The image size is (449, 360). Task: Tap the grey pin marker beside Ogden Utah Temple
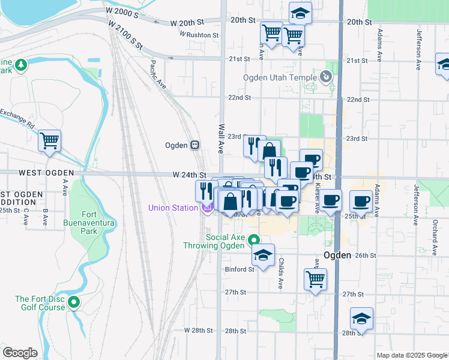(325, 77)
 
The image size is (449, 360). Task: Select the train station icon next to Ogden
(194, 145)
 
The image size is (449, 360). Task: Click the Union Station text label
(173, 208)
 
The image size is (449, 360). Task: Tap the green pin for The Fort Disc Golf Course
(74, 302)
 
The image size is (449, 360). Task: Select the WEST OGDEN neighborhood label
(46, 173)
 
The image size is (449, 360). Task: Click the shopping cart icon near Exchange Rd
(49, 141)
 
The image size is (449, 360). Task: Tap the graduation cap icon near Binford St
(263, 255)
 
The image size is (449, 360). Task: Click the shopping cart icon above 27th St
(316, 278)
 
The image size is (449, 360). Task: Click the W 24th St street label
(189, 175)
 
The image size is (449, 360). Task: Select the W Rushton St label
(199, 35)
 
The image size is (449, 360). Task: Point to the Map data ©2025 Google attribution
(411, 355)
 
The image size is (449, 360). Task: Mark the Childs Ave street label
(281, 274)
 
